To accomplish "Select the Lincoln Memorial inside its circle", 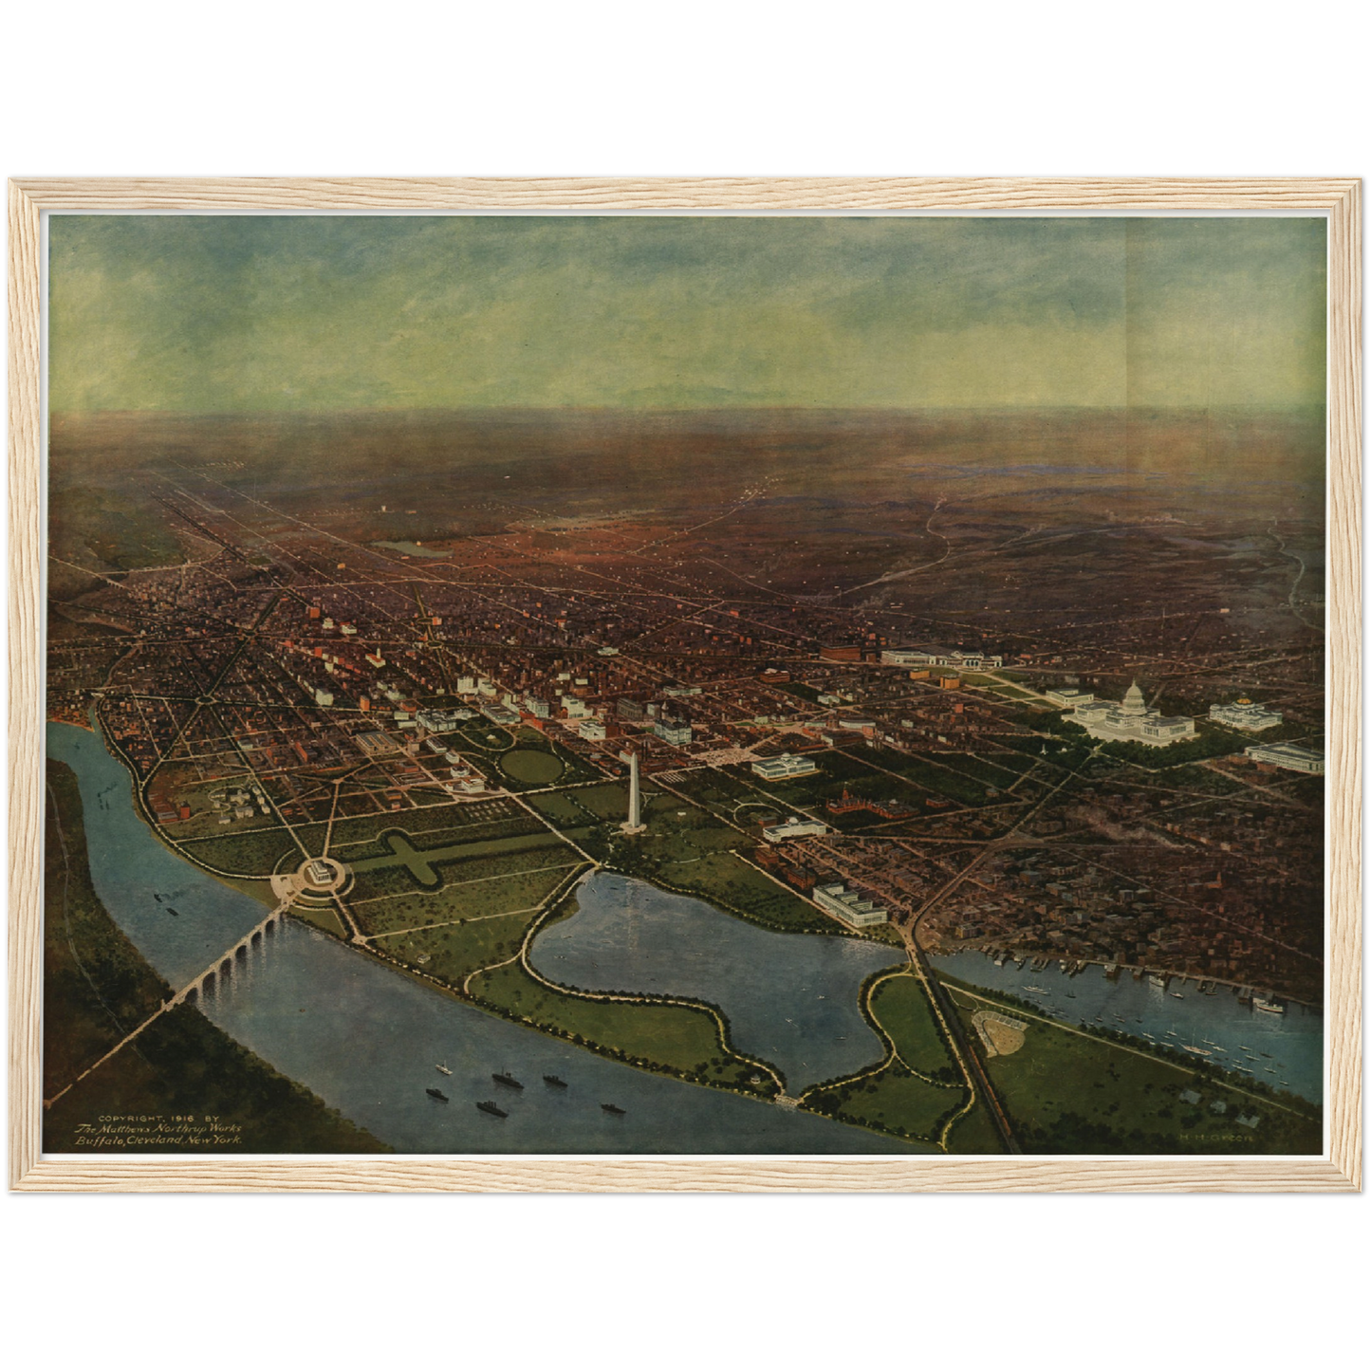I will (x=313, y=875).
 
